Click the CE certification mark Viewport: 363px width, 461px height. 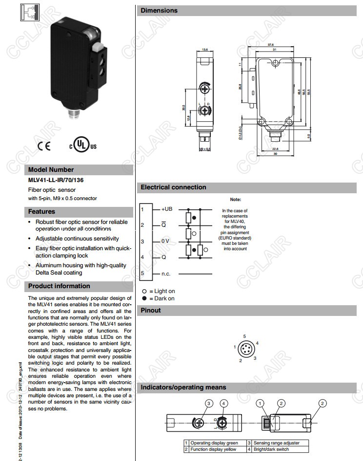point(43,146)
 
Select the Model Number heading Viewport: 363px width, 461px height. point(51,170)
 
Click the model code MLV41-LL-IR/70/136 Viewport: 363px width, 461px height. point(56,179)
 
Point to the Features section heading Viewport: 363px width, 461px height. point(42,212)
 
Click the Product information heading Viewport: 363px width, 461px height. point(59,286)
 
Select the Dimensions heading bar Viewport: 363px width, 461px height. point(160,11)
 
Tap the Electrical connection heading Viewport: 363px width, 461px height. point(174,187)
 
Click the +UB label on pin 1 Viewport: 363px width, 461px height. point(167,209)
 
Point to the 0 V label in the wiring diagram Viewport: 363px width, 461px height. point(166,241)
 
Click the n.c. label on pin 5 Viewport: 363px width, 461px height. point(166,274)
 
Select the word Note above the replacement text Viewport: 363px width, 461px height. point(236,200)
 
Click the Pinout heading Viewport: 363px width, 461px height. point(151,311)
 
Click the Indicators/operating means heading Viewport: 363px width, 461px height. point(183,387)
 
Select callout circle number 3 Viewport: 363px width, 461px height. point(209,404)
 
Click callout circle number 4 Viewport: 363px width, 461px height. point(223,404)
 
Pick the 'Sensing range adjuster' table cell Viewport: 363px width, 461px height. point(276,443)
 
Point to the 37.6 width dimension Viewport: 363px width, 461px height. point(277,45)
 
